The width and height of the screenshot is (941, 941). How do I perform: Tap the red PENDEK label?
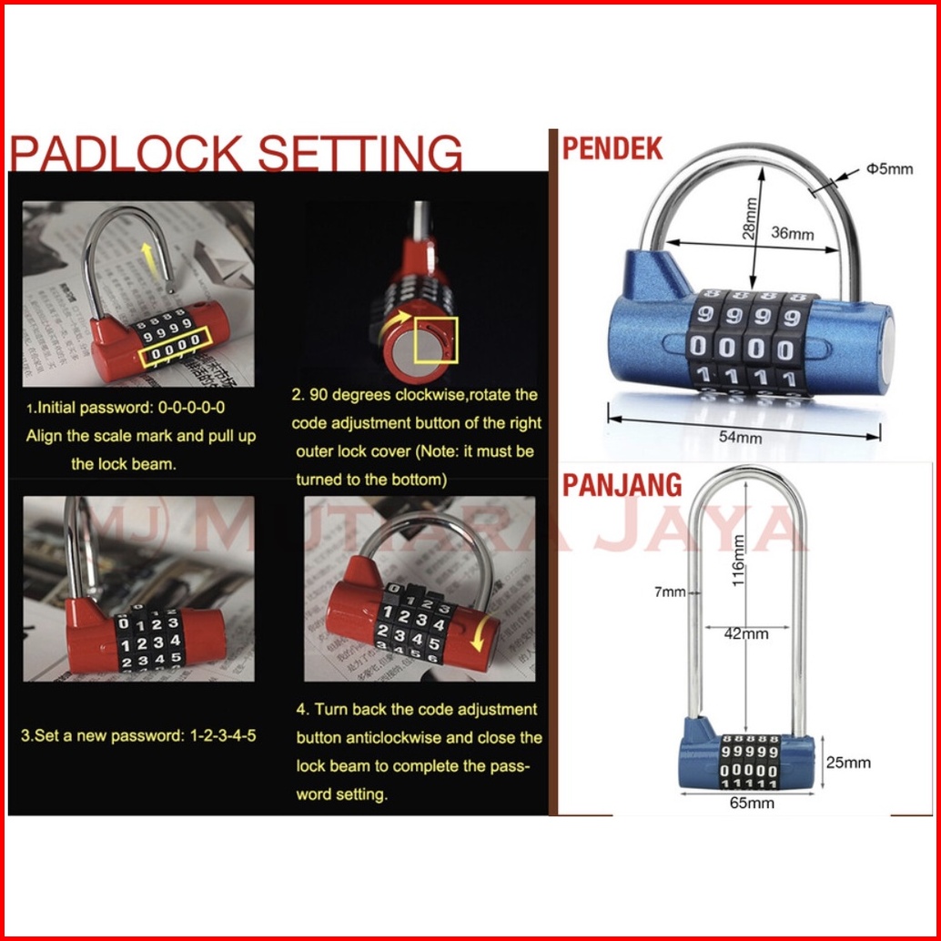point(612,147)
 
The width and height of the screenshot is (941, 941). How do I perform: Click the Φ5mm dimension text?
point(889,168)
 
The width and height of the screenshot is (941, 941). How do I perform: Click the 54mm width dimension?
point(740,436)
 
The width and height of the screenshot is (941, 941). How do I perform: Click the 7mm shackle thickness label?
point(671,592)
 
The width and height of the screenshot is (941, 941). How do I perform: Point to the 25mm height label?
point(848,763)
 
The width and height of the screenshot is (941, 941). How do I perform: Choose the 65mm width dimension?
point(752,803)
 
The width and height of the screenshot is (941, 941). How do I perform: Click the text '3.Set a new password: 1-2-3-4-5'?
point(138,735)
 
